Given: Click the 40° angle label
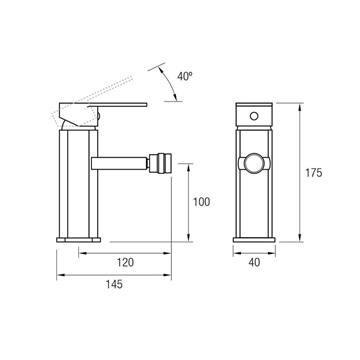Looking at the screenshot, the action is [185, 76].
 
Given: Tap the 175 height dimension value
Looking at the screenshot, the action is [314, 173].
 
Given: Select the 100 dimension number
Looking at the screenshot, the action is [201, 202].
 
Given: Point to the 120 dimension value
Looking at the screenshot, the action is [125, 262].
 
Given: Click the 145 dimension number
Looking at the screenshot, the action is [114, 284].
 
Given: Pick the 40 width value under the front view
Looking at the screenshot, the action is [254, 263].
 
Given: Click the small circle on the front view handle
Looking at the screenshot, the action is [254, 116].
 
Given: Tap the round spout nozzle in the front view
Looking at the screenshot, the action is [254, 164].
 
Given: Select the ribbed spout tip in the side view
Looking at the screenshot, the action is [160, 163].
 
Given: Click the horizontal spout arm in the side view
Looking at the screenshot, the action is [120, 163].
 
